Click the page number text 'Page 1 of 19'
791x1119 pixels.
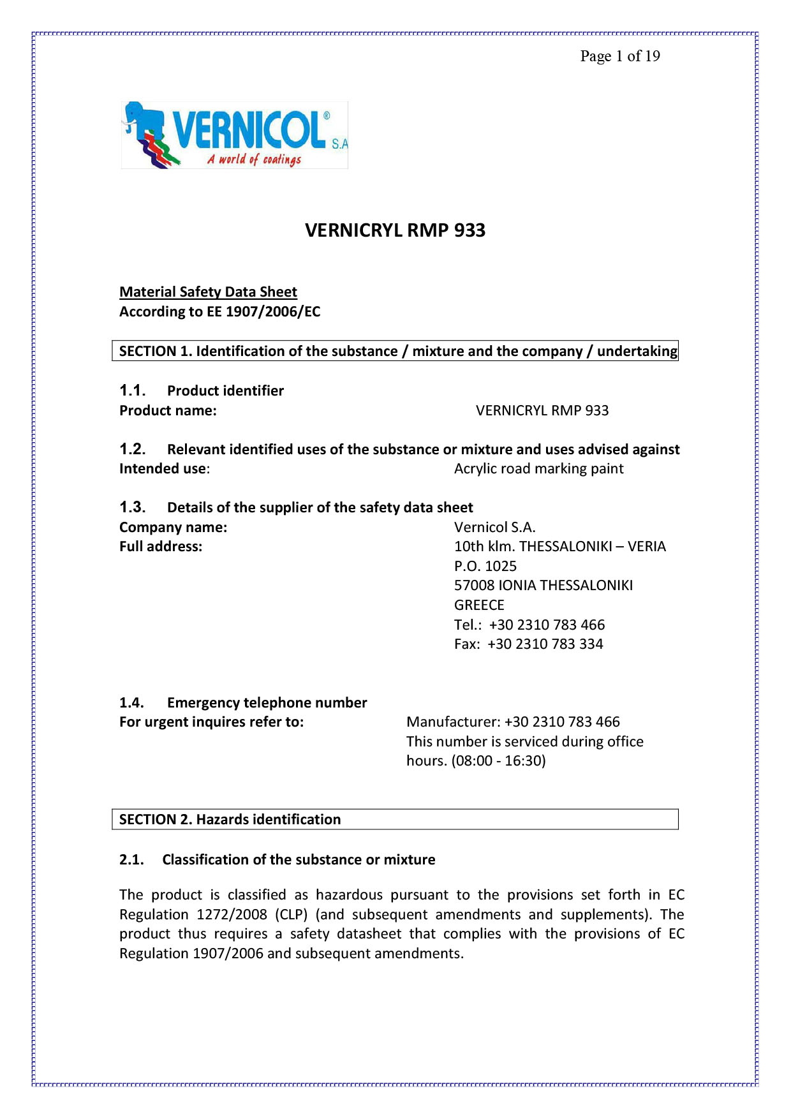click(619, 56)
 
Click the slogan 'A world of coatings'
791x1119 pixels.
click(254, 159)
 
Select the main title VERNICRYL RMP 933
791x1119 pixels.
click(395, 230)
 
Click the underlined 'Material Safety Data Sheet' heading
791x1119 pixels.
click(208, 292)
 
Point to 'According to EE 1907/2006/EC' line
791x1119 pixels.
click(219, 312)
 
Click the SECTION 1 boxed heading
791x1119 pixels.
click(395, 351)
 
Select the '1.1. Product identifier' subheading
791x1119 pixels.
click(202, 390)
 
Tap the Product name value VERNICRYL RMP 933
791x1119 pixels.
click(542, 410)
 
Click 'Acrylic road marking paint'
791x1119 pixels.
click(538, 469)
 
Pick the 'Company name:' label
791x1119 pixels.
click(173, 527)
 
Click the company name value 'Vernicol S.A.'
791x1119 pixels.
click(494, 527)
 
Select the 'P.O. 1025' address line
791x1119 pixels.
click(485, 566)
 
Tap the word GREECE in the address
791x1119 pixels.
click(478, 605)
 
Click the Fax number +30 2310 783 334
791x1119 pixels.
click(545, 644)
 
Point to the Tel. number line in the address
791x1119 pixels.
click(529, 625)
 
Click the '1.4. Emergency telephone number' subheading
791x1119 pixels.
click(243, 702)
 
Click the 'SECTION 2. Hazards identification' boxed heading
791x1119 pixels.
click(230, 819)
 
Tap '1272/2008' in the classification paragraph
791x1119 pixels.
click(232, 914)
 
